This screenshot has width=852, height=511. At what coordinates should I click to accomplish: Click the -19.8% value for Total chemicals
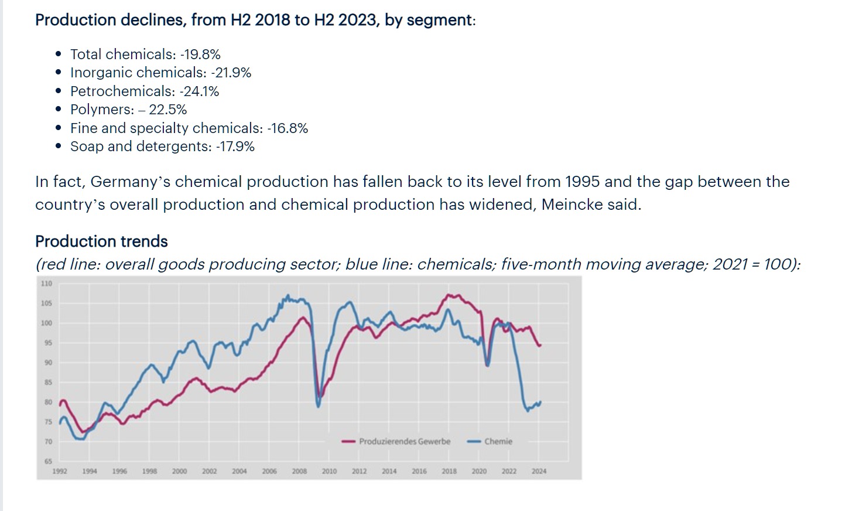click(x=200, y=54)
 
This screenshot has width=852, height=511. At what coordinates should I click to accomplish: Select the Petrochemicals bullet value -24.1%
click(x=199, y=91)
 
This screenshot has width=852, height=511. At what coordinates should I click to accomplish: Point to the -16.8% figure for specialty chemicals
click(x=287, y=128)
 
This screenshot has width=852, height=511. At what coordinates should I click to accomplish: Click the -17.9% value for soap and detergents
click(x=235, y=147)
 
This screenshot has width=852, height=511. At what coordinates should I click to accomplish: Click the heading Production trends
click(x=101, y=241)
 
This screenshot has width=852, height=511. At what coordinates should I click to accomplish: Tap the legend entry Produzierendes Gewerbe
click(x=404, y=441)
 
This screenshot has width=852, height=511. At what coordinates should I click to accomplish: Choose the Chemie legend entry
click(x=498, y=441)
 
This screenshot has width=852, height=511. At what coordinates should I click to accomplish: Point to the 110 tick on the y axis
click(x=46, y=284)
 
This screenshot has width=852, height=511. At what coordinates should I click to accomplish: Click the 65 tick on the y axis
click(x=48, y=461)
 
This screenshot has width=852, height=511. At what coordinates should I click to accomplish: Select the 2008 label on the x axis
click(x=299, y=471)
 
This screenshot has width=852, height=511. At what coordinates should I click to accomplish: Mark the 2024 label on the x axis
click(x=539, y=471)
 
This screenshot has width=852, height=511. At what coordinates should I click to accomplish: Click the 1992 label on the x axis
click(x=60, y=471)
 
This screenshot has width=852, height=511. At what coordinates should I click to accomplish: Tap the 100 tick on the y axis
click(x=46, y=323)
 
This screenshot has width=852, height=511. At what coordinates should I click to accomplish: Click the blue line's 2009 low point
click(x=319, y=406)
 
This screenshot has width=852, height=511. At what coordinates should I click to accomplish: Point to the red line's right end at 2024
click(x=540, y=345)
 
